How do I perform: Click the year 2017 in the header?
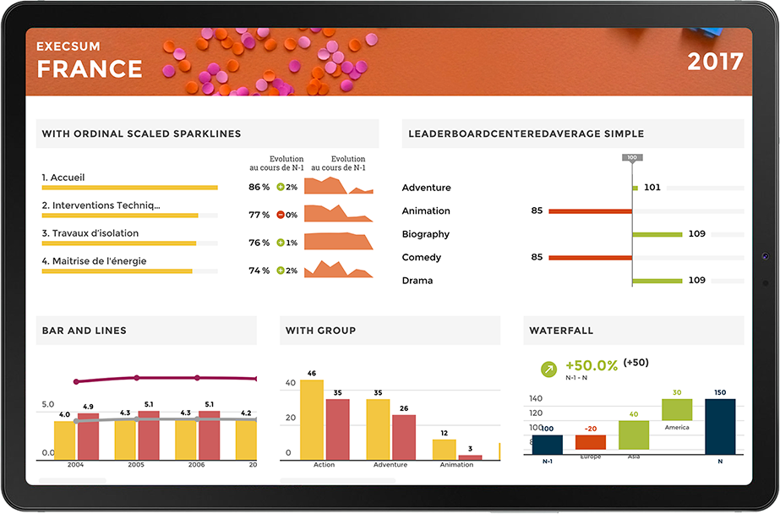click(x=715, y=62)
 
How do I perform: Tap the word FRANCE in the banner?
click(x=90, y=68)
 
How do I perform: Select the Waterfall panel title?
click(x=561, y=331)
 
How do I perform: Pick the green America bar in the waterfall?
click(x=677, y=410)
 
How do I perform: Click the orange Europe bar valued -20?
click(x=591, y=442)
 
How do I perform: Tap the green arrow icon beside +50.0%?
click(x=549, y=369)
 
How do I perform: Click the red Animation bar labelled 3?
click(x=470, y=457)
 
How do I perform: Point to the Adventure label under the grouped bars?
click(x=390, y=465)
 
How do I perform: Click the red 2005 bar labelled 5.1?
click(x=149, y=435)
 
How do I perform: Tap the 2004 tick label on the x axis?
click(x=76, y=465)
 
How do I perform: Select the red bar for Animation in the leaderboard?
click(x=590, y=211)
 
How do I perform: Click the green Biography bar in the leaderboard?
click(x=657, y=234)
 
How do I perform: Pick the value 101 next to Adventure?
click(x=652, y=188)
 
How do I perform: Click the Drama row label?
click(x=417, y=281)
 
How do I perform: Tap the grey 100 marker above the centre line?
click(x=631, y=158)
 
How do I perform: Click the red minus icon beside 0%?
click(x=281, y=215)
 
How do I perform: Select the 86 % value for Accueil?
click(x=259, y=187)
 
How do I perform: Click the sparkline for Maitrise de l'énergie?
click(x=338, y=270)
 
